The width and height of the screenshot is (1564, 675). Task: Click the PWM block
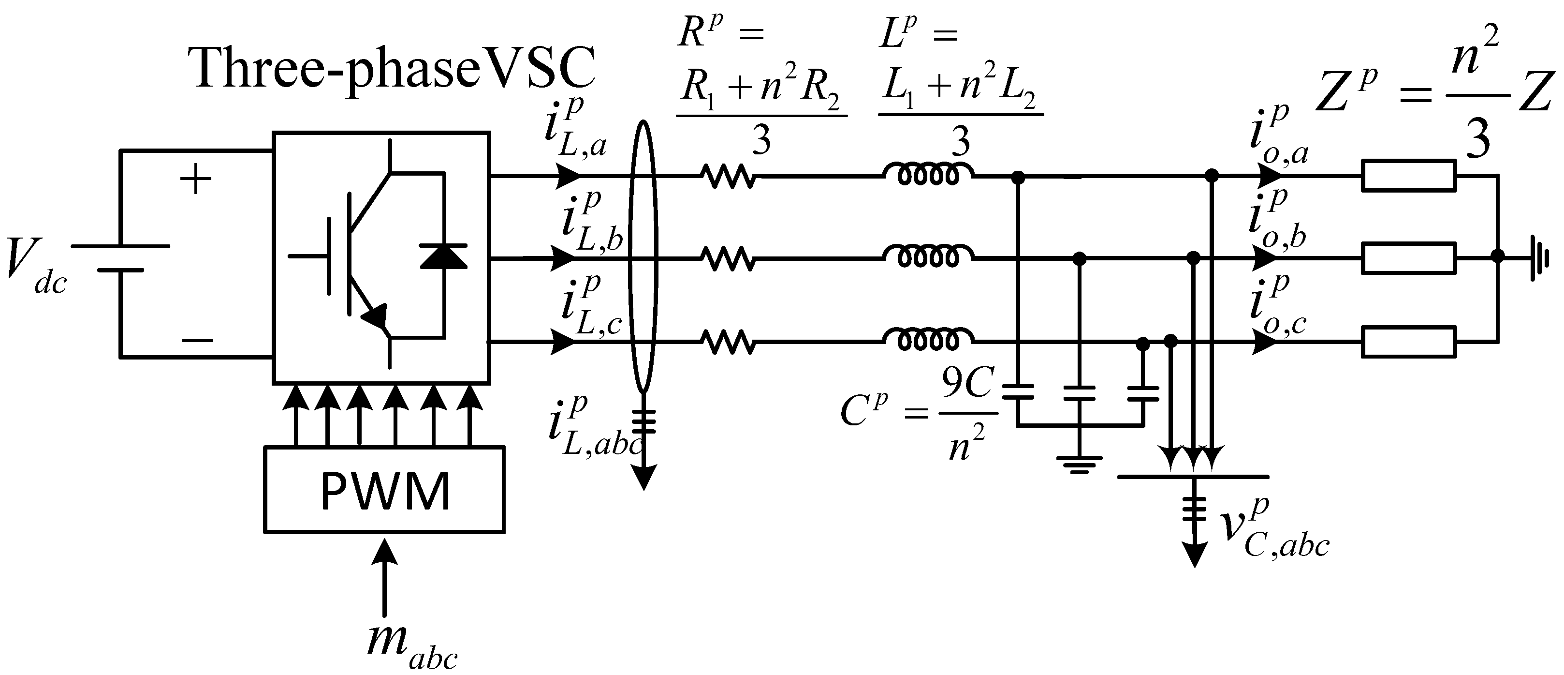(384, 490)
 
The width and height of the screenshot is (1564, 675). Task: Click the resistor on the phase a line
(729, 176)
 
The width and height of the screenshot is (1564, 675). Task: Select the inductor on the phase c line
(927, 342)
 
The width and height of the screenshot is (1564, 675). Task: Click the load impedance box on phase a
(1409, 176)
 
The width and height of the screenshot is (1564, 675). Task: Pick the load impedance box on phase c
(1409, 342)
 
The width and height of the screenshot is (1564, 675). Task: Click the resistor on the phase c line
(729, 342)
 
